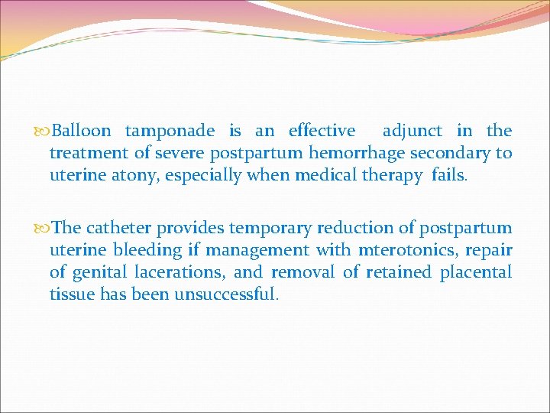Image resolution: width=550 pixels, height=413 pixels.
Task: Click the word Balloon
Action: coord(82,132)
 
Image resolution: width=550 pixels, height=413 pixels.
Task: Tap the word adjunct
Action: coord(412,132)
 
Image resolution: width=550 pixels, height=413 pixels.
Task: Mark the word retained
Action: coord(398,272)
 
